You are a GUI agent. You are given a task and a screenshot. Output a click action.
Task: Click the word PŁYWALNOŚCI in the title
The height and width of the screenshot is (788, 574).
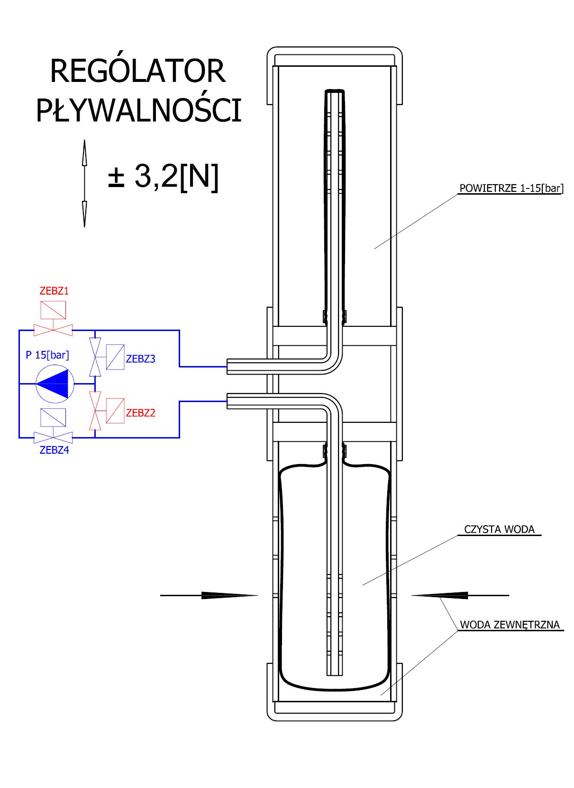(x=139, y=110)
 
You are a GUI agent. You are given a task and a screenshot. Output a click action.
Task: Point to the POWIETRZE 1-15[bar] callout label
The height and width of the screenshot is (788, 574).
(x=511, y=188)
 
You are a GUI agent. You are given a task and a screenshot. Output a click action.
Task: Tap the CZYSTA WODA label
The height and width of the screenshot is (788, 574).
(x=499, y=529)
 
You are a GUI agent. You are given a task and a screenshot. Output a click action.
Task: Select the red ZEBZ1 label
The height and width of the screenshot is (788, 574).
(x=54, y=291)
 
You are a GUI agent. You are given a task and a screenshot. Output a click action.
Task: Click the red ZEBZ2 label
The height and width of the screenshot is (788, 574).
(x=140, y=412)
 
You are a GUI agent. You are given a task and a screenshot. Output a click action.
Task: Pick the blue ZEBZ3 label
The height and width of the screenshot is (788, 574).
(x=140, y=358)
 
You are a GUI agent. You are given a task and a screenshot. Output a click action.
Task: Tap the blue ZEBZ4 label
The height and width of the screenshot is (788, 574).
(x=54, y=450)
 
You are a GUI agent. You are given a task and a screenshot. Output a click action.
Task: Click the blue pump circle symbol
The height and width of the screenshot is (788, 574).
(x=55, y=384)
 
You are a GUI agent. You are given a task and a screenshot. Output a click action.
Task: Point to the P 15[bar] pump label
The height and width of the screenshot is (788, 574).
(x=47, y=355)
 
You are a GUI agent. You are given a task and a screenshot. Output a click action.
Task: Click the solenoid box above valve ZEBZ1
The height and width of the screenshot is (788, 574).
(x=53, y=310)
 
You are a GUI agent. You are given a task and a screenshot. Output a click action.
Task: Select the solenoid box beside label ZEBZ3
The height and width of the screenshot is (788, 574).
(x=115, y=357)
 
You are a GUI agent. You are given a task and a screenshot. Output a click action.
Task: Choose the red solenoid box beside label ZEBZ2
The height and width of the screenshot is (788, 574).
(x=115, y=411)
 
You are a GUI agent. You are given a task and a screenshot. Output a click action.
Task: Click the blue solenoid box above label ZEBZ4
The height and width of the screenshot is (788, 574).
(x=53, y=417)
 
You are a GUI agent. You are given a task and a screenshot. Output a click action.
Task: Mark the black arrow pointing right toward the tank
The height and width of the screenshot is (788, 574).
(x=209, y=595)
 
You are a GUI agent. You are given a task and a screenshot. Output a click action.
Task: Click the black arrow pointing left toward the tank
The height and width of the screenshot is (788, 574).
(x=460, y=595)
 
